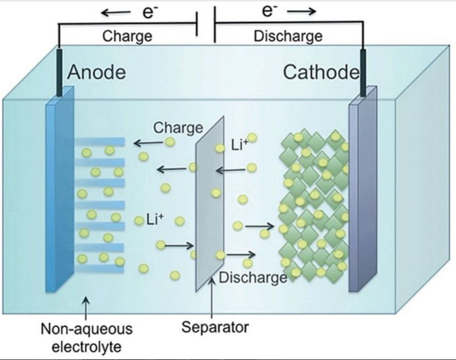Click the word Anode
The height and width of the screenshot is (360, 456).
coord(98,73)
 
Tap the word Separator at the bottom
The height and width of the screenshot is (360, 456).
coord(215,327)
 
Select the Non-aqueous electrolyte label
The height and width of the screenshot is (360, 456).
coord(86,338)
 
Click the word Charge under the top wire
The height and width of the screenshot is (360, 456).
coord(127,36)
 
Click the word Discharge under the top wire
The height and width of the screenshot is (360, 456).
coord(288,36)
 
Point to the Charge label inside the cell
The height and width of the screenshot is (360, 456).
coord(178,127)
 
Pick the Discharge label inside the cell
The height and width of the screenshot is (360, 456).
coord(253,277)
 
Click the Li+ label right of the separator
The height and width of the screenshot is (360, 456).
coord(240,145)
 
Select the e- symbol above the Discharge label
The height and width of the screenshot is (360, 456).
coord(270,11)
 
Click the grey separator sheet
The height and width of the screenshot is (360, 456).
coord(209,206)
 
